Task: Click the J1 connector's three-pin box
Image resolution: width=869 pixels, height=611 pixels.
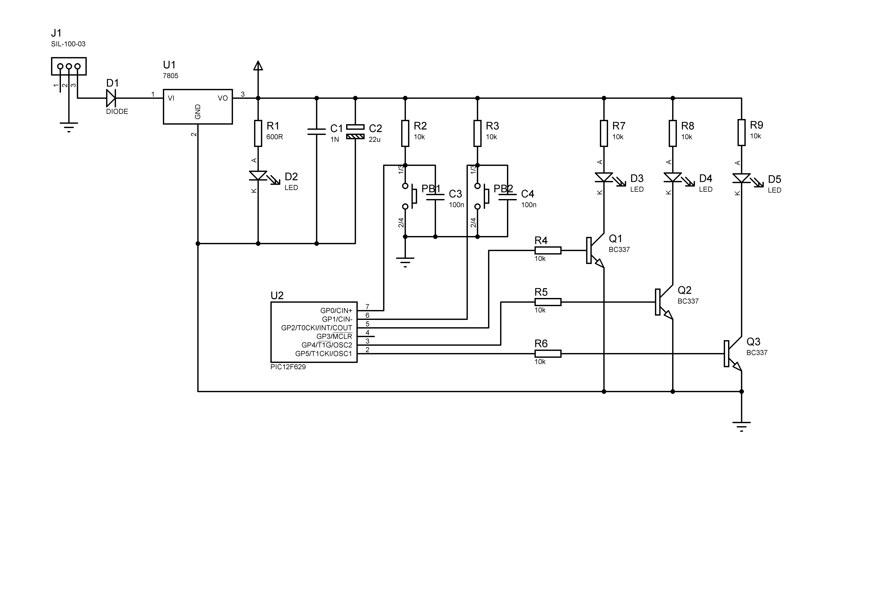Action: [x=69, y=66]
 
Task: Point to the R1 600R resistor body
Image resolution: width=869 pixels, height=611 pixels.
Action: [x=258, y=133]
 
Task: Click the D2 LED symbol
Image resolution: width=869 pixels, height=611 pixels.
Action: [x=258, y=176]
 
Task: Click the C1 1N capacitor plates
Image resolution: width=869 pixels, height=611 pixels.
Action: [x=316, y=131]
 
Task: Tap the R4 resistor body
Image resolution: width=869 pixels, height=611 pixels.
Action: [x=548, y=250]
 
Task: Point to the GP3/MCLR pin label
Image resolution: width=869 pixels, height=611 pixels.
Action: [x=334, y=336]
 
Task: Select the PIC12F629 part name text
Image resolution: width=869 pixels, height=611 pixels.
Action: [x=288, y=367]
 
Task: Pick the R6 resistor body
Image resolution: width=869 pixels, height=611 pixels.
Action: [x=548, y=354]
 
